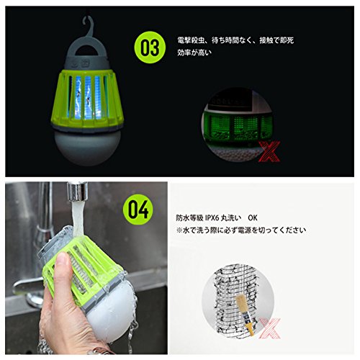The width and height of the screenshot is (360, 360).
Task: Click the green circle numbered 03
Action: [150, 48]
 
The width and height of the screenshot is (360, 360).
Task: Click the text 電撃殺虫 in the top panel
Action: [191, 38]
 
